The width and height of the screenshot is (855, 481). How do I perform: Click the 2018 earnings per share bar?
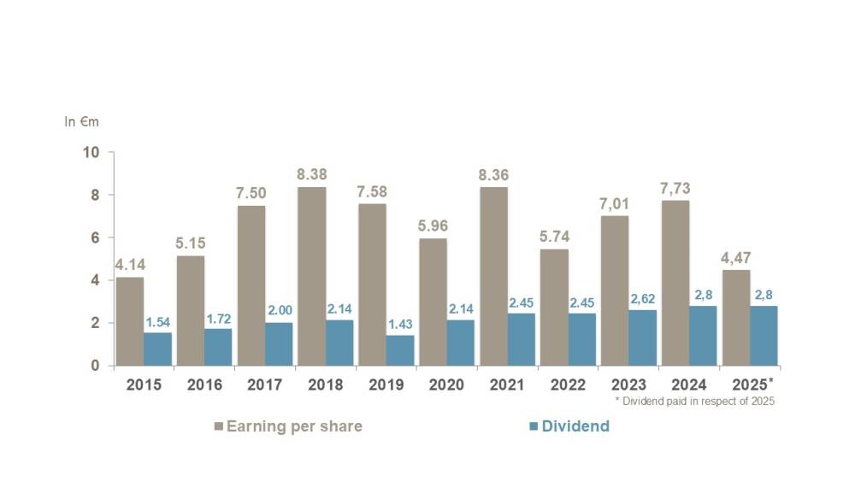(312, 276)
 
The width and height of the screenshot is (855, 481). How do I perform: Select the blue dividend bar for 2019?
(400, 350)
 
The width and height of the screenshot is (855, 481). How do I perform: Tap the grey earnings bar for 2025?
(736, 318)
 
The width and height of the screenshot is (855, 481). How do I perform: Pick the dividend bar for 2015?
(157, 349)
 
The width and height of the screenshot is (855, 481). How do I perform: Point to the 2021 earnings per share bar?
(494, 276)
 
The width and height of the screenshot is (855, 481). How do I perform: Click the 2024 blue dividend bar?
(703, 336)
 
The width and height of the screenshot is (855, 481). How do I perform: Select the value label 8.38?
(312, 174)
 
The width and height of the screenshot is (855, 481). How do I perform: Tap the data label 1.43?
(400, 324)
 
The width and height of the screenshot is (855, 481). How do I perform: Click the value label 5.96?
(433, 226)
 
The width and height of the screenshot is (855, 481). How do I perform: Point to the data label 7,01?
(614, 203)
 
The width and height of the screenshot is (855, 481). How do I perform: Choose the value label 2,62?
(643, 298)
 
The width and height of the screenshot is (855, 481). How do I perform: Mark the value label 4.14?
(130, 265)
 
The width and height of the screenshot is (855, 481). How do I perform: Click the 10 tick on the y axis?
(91, 152)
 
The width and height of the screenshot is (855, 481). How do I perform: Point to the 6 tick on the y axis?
(96, 238)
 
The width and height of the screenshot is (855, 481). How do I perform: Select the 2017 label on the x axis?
(264, 384)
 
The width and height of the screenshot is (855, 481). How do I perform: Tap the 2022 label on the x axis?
(568, 384)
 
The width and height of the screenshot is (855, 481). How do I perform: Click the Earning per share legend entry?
(288, 426)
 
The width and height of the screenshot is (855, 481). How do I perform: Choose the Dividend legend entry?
(569, 426)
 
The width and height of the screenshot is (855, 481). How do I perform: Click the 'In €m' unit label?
(81, 121)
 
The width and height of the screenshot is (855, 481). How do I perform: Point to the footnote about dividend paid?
(694, 402)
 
